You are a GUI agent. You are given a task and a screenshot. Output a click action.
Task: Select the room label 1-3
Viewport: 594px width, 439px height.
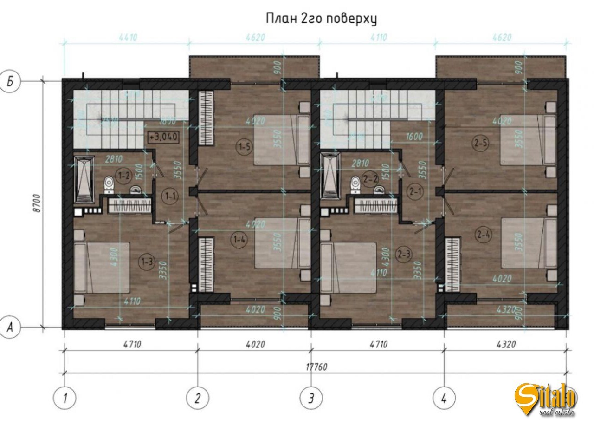(x=147, y=262)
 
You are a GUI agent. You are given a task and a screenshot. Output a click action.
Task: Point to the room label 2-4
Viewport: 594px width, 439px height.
(x=483, y=235)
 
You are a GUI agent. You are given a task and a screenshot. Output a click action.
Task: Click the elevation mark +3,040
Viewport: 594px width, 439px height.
(x=162, y=137)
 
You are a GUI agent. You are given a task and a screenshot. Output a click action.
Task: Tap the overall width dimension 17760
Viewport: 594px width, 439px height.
(x=316, y=367)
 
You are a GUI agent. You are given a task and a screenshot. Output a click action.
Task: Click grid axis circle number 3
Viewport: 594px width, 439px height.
(x=311, y=398)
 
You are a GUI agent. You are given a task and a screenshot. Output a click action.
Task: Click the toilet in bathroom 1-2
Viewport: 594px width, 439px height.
(x=109, y=183)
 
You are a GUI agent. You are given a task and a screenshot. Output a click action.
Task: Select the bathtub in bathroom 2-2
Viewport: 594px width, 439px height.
(x=330, y=180)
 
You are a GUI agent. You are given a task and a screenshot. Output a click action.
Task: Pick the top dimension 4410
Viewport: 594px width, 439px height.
(x=128, y=38)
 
